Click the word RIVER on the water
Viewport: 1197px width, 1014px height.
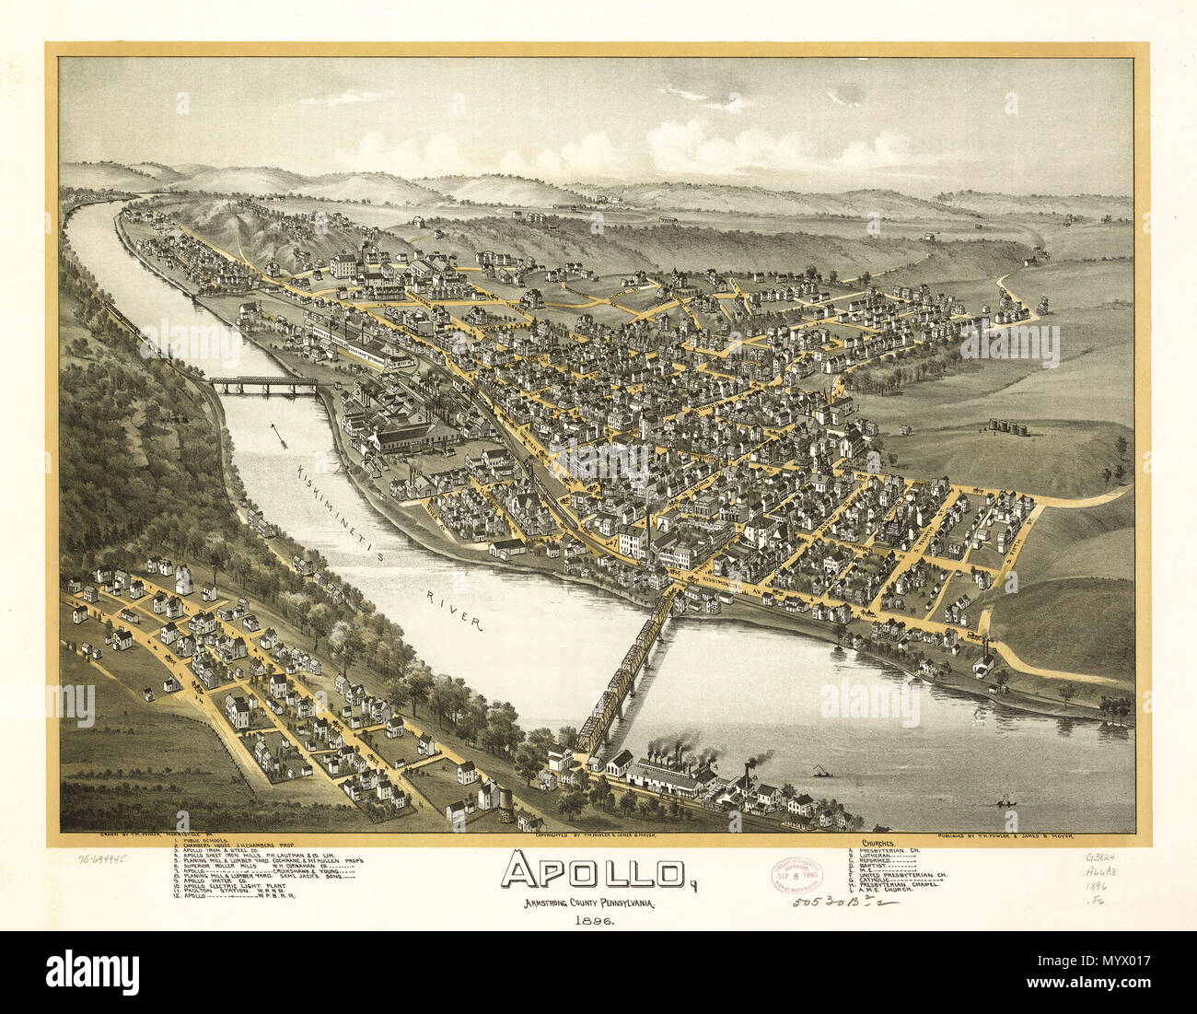[x=455, y=611]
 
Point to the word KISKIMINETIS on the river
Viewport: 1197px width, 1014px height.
[x=345, y=516]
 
